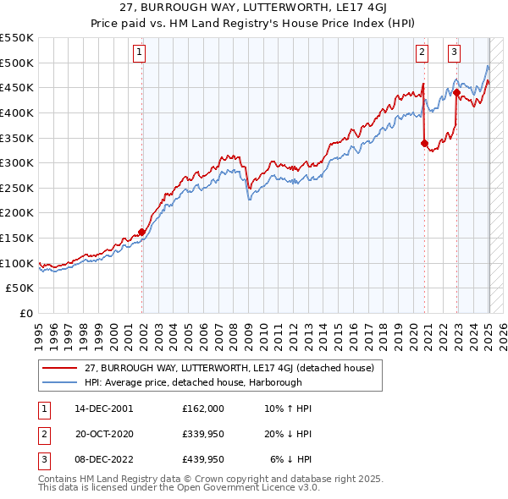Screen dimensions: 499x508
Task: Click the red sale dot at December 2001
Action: [x=142, y=232]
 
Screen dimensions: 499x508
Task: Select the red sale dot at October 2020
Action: [x=424, y=143]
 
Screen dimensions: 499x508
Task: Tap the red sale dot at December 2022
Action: [x=456, y=92]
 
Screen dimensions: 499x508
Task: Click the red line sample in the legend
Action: [x=59, y=367]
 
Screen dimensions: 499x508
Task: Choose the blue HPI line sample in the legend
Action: [x=59, y=381]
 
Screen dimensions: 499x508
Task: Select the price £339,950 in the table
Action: [x=203, y=434]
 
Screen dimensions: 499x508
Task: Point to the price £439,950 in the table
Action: [x=203, y=459]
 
